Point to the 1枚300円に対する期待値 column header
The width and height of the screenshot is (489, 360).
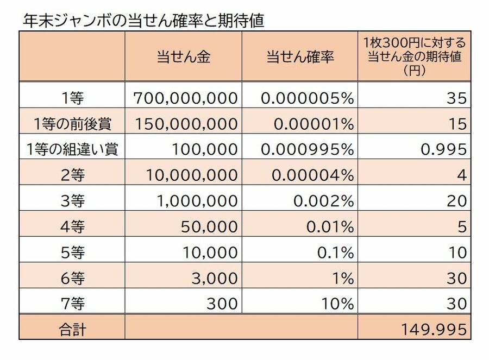415,56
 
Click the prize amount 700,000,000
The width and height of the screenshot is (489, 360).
185,98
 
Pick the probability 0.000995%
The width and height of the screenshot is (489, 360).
308,149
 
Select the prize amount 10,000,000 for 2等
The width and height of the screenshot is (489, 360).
191,175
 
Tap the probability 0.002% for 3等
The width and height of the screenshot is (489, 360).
323,200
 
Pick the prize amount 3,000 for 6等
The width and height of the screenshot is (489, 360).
215,278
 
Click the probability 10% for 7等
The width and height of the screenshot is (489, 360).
338,304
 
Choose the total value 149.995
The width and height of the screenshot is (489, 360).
433,329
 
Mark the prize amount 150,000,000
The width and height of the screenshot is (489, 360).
185,124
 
